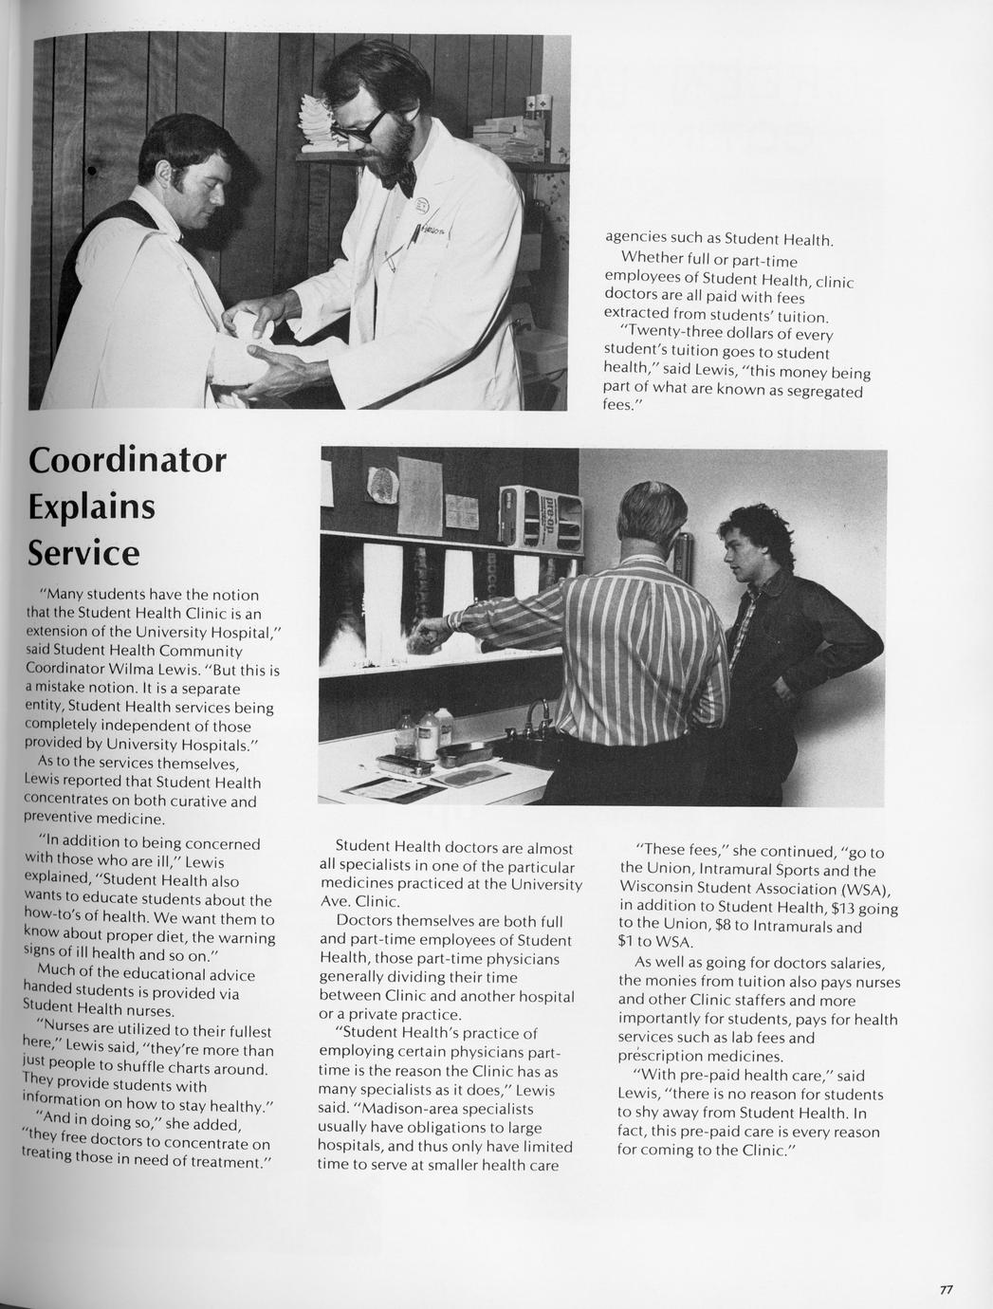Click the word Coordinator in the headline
127,459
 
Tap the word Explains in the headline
91,506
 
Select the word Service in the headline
83,552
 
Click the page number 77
946,1289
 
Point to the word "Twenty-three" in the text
672,335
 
